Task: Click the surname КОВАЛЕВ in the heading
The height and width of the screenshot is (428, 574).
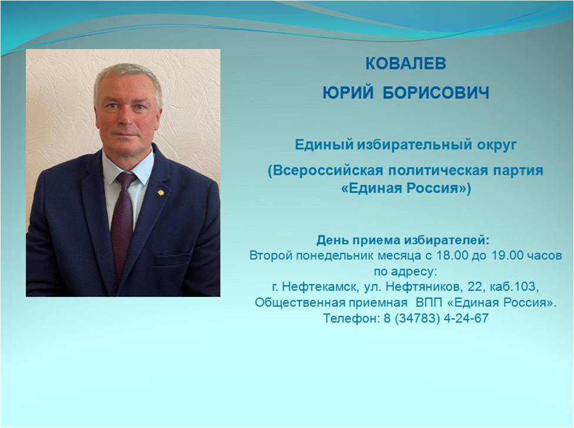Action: click(406, 63)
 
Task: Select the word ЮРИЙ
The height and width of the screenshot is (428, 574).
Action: click(348, 92)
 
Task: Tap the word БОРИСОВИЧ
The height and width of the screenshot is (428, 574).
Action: click(436, 93)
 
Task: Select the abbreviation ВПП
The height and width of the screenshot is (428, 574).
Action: click(429, 303)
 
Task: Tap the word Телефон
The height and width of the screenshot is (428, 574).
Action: click(351, 318)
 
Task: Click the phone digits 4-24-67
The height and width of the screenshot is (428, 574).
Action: click(466, 318)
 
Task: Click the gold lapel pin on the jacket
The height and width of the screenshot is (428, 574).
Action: click(160, 192)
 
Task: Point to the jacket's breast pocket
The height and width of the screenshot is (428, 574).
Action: click(172, 260)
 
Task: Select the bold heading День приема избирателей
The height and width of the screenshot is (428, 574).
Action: click(403, 240)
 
